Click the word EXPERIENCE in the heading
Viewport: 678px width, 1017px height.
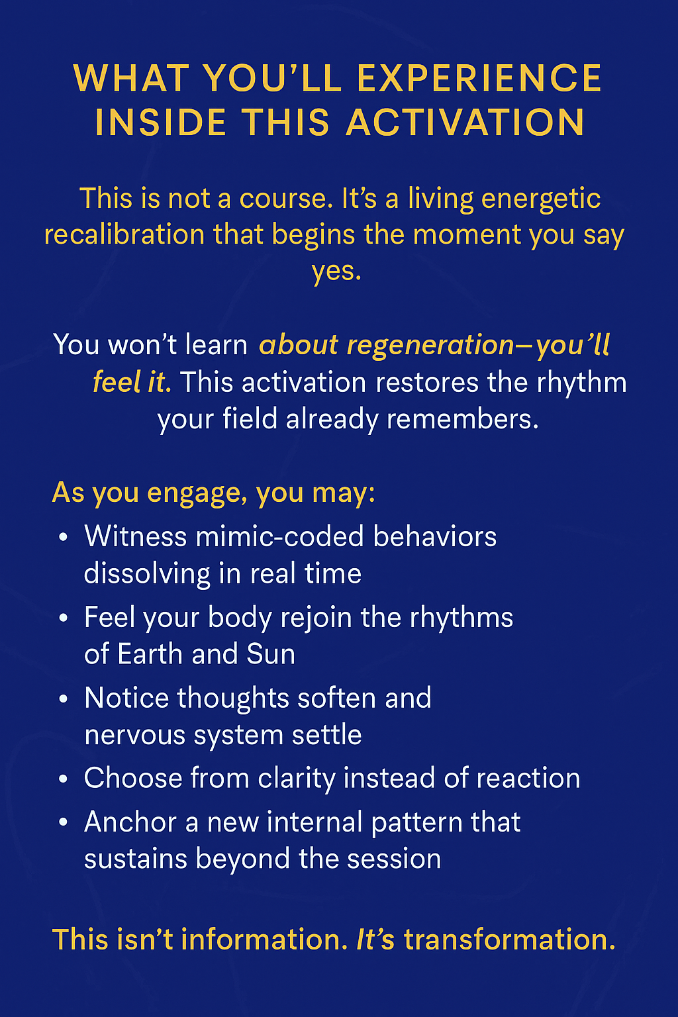click(479, 77)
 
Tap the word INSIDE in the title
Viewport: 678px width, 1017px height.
click(160, 122)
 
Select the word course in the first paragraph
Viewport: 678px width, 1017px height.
click(283, 199)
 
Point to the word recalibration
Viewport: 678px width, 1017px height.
click(124, 234)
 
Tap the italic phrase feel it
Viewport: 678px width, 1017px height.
click(132, 381)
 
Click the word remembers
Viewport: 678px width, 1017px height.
click(462, 418)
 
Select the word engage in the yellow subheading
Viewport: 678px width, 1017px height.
click(197, 494)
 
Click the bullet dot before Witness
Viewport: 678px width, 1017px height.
click(64, 538)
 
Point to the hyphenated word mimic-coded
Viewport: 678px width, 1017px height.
click(279, 536)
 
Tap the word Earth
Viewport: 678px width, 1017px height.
click(150, 654)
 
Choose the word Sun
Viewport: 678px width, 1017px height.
click(271, 654)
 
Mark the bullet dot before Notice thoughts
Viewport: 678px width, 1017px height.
click(64, 699)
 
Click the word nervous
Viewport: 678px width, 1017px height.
click(135, 735)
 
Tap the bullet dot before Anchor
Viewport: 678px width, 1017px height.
click(64, 822)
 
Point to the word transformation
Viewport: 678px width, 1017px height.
click(510, 939)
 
